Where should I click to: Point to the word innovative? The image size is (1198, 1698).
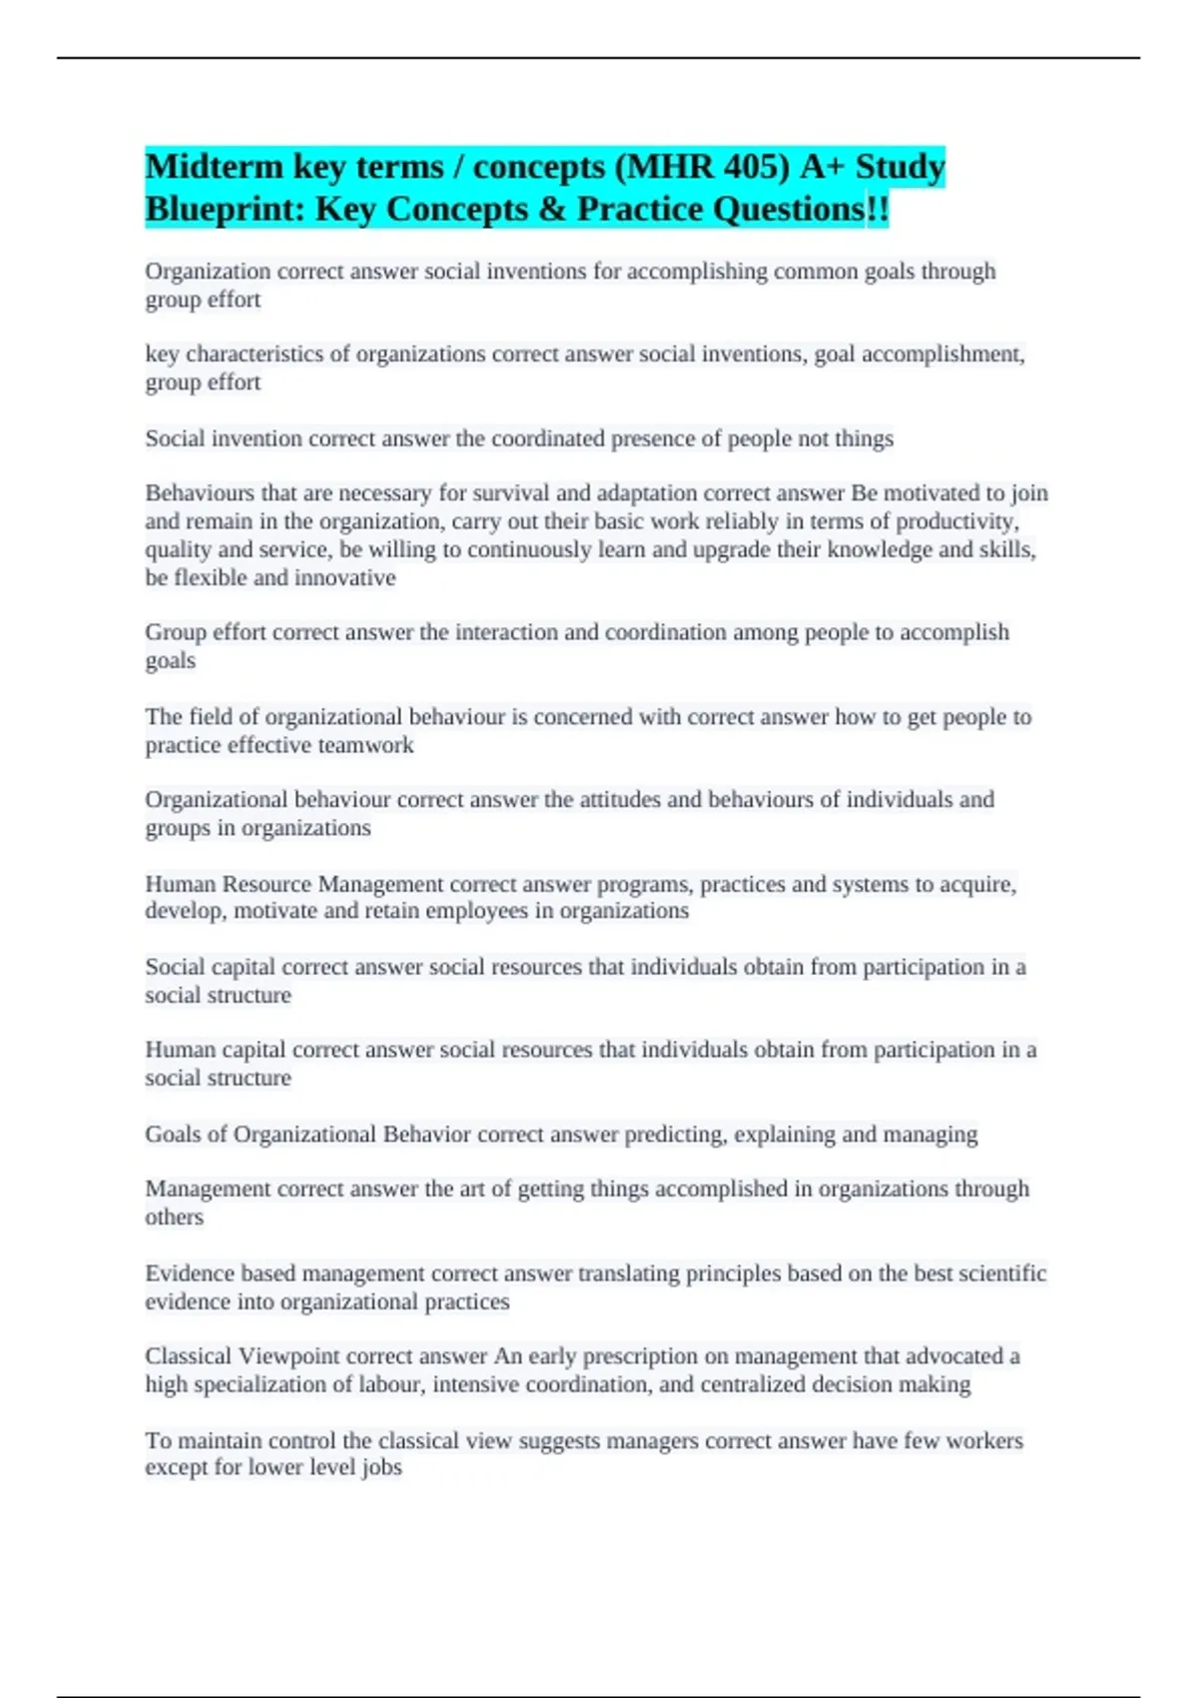[x=344, y=577]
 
